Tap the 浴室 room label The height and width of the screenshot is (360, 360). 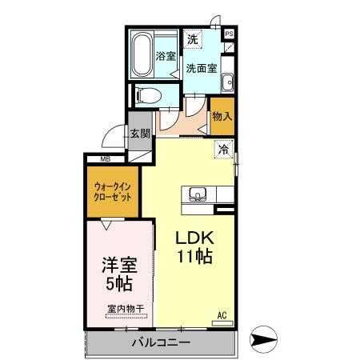click(x=166, y=56)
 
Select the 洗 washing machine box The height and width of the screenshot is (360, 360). click(x=193, y=39)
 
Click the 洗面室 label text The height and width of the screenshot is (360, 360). click(x=201, y=68)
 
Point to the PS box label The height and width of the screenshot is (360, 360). click(x=230, y=34)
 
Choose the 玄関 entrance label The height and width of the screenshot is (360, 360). click(x=140, y=134)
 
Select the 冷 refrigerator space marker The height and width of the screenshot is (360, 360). click(x=222, y=148)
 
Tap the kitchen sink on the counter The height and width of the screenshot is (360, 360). click(x=198, y=194)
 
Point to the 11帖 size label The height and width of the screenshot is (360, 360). click(x=194, y=258)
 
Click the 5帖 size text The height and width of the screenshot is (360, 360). click(x=118, y=283)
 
